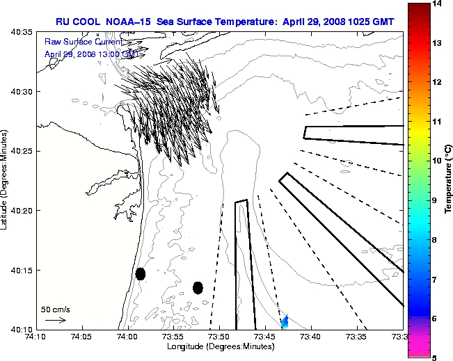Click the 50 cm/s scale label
tap(56, 309)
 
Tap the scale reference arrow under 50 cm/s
tap(56, 321)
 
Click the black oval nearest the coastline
tap(141, 273)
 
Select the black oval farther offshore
tap(198, 287)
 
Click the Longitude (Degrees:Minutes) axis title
tap(219, 346)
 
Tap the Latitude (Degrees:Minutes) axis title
tap(6, 181)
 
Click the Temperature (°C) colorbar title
tap(449, 181)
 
